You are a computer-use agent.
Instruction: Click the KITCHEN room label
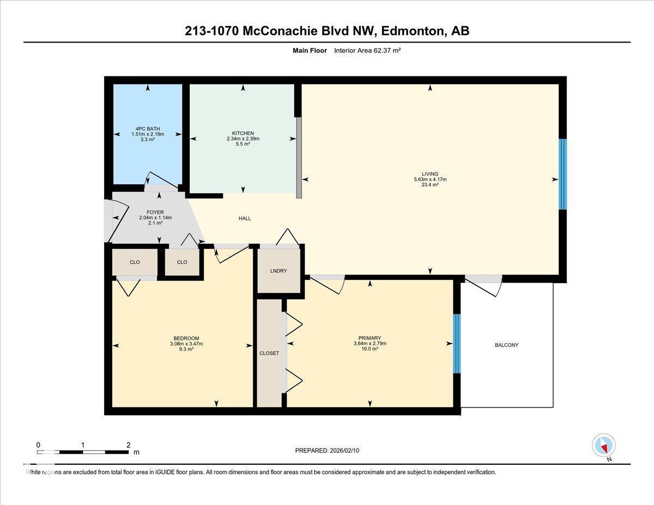click(243, 133)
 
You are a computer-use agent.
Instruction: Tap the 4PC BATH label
click(148, 129)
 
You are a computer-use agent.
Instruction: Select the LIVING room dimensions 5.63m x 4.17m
click(430, 179)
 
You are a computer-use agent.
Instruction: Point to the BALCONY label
click(506, 345)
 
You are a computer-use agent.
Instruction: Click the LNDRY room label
click(278, 271)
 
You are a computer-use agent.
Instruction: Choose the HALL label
click(245, 218)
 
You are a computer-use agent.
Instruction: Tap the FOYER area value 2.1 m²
click(155, 223)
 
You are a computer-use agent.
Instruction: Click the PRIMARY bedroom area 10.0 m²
click(370, 349)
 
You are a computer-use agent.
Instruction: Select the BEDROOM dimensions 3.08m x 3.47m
click(186, 344)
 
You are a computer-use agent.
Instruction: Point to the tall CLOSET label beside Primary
click(269, 353)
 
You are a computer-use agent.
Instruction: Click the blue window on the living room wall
click(562, 174)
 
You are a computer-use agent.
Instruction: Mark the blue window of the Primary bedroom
click(457, 344)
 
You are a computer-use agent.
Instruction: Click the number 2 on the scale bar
click(129, 445)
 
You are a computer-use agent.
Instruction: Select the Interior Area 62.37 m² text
click(367, 51)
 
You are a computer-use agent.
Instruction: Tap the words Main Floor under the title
click(310, 51)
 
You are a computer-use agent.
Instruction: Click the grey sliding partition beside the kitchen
click(299, 157)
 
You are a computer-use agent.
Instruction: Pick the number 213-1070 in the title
click(211, 31)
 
